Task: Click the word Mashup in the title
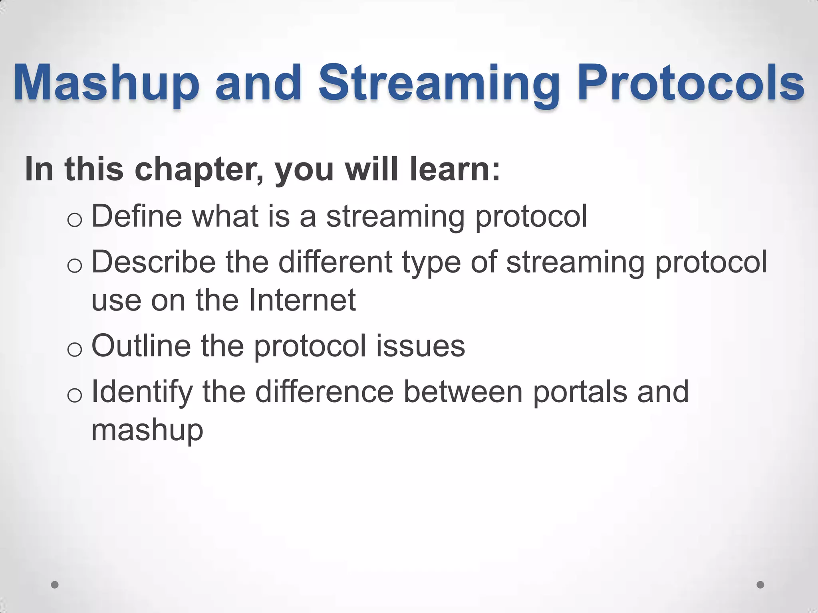click(x=106, y=83)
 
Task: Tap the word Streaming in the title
click(x=439, y=83)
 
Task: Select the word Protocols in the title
click(x=691, y=83)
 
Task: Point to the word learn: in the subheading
click(x=455, y=169)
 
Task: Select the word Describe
click(x=154, y=262)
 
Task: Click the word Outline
click(x=141, y=346)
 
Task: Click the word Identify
click(x=142, y=392)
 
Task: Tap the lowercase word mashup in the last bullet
click(x=147, y=430)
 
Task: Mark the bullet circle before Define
click(x=75, y=220)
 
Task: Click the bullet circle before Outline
click(x=75, y=350)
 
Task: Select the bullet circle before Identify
click(x=75, y=395)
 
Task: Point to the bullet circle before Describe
click(x=75, y=266)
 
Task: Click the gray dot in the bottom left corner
click(x=55, y=585)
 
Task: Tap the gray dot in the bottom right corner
click(x=760, y=585)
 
